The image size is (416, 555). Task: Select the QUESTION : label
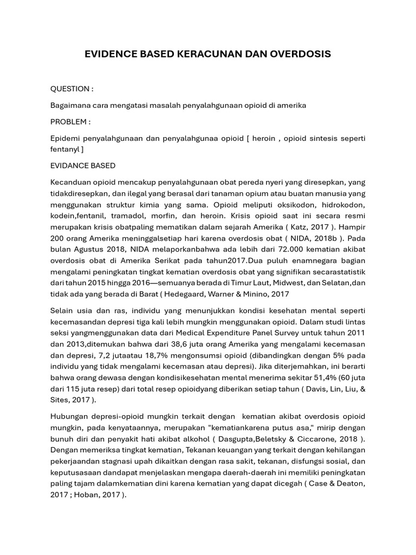point(71,88)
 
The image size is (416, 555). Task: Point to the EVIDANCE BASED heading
point(83,165)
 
